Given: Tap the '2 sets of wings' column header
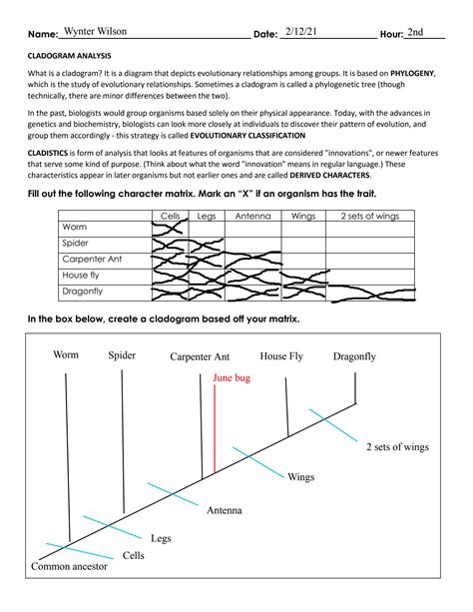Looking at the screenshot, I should pyautogui.click(x=370, y=215).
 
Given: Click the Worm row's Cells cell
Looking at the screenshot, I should pyautogui.click(x=169, y=229).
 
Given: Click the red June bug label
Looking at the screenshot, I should pyautogui.click(x=233, y=378).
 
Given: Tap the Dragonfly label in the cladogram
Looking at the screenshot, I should pyautogui.click(x=354, y=355).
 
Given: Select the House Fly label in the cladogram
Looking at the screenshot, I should pyautogui.click(x=282, y=355).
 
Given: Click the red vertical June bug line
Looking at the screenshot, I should pyautogui.click(x=215, y=429).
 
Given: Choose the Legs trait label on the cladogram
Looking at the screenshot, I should pyautogui.click(x=162, y=538).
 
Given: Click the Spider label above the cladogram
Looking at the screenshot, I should pyautogui.click(x=122, y=355).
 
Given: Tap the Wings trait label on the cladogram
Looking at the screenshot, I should pyautogui.click(x=301, y=477).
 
